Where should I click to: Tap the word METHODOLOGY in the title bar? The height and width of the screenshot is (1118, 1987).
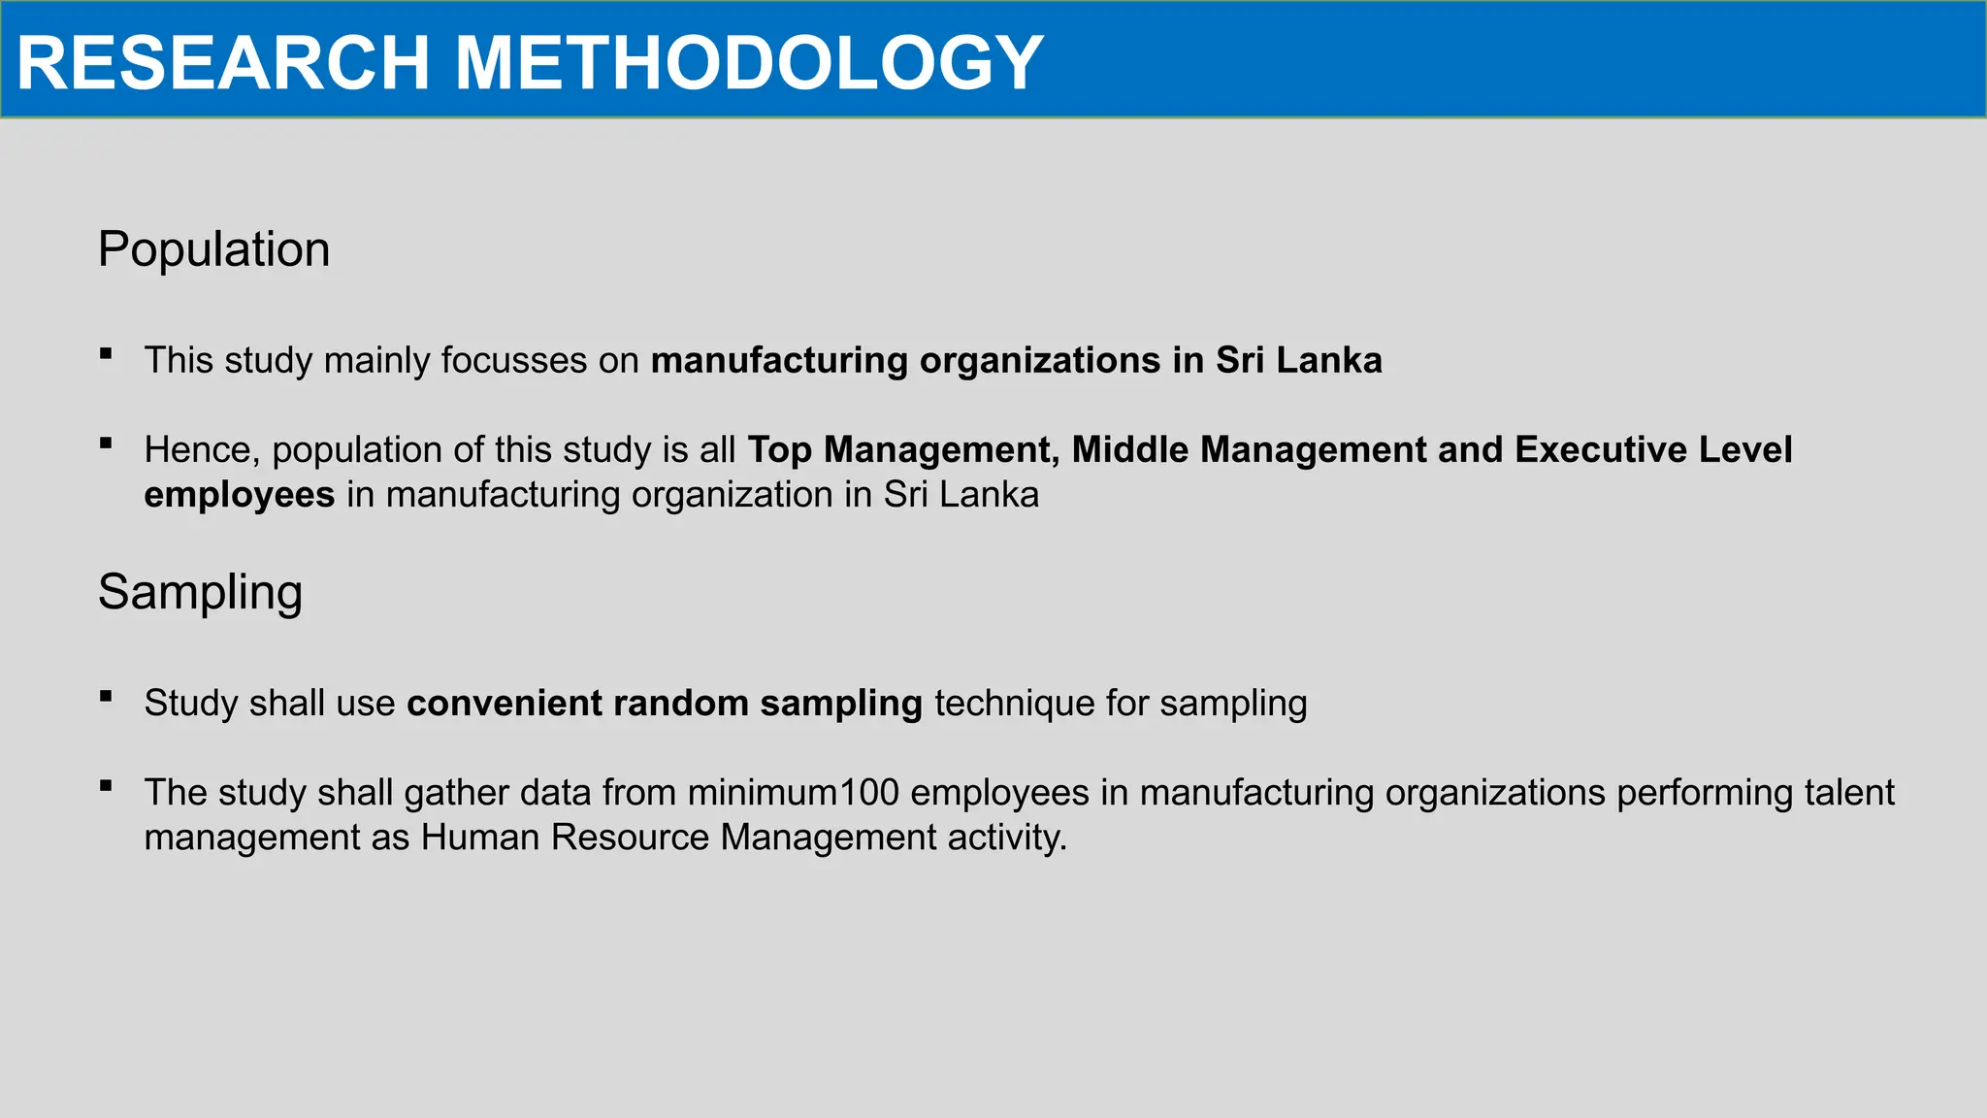click(x=748, y=63)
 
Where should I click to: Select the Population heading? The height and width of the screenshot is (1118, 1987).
click(x=213, y=249)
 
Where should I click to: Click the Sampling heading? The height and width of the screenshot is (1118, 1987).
click(x=200, y=592)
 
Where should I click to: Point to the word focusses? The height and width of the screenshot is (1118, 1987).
click(x=514, y=360)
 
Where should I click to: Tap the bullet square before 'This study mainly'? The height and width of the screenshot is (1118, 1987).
click(x=106, y=354)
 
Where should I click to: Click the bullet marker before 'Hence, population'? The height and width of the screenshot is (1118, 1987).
click(x=106, y=444)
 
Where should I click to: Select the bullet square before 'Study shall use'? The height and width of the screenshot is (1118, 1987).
click(x=106, y=697)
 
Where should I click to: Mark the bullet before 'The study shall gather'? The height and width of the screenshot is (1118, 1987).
click(x=106, y=786)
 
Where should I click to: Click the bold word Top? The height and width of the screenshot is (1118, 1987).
click(x=779, y=449)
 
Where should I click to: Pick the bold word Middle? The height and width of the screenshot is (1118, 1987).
click(x=1129, y=449)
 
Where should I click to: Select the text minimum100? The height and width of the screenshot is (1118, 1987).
click(x=794, y=793)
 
